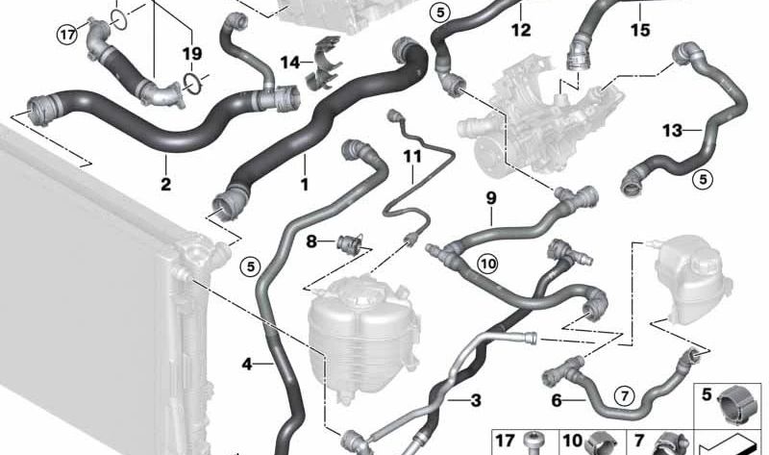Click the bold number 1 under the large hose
point(305,185)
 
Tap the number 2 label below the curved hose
point(165,185)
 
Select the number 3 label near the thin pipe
point(476,400)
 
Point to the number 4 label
point(247,364)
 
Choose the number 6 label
point(557,400)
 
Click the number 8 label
point(311,241)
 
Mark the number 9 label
point(491,198)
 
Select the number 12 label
point(521,30)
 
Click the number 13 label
point(672,130)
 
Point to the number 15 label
point(640,30)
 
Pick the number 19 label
point(192,53)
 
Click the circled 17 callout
point(67,35)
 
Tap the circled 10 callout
point(488,265)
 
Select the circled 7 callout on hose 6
point(624,395)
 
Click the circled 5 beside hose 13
point(703,180)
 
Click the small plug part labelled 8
point(349,242)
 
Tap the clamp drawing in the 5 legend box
point(737,402)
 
